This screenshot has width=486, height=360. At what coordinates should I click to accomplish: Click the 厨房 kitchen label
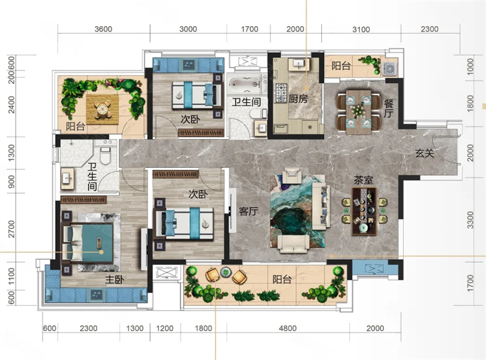tap(298, 99)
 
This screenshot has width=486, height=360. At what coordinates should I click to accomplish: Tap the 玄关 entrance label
tap(424, 153)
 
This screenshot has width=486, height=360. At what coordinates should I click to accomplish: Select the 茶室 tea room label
tap(363, 180)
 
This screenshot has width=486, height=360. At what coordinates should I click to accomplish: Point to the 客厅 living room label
tap(248, 211)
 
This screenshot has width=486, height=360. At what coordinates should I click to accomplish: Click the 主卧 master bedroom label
tap(114, 280)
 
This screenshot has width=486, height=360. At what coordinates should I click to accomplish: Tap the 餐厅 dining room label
tap(389, 109)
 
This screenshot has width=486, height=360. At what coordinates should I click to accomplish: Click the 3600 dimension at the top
tap(103, 29)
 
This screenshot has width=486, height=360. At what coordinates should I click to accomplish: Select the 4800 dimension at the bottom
tap(287, 328)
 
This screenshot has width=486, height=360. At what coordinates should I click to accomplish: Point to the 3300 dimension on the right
tap(470, 220)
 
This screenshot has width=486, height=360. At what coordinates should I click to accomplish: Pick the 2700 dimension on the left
tap(12, 229)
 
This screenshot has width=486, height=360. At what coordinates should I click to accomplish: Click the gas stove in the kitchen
tap(281, 93)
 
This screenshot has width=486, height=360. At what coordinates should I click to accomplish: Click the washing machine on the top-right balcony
tap(389, 69)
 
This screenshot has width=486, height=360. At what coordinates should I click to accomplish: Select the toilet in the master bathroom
tap(106, 155)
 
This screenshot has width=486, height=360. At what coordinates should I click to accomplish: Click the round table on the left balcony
tap(102, 109)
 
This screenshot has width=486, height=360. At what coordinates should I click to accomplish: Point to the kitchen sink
tap(299, 64)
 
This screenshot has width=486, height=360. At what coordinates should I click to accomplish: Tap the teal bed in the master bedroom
tap(87, 243)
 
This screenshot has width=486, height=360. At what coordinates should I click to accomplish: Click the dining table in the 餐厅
tap(358, 112)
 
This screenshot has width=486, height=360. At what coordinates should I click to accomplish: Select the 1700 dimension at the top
tap(250, 29)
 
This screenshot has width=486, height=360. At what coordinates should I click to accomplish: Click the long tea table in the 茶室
tap(364, 211)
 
